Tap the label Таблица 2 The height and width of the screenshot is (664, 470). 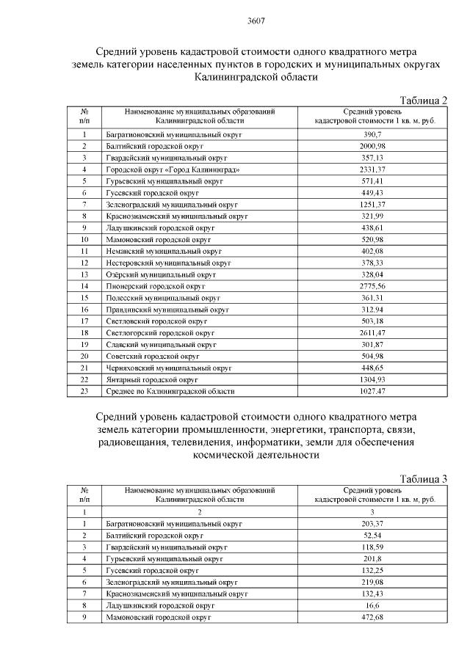[x=423, y=99]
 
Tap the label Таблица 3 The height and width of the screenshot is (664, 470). [x=423, y=478]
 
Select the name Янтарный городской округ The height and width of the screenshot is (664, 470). [x=152, y=379]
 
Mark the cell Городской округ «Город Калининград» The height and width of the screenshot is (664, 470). [x=173, y=169]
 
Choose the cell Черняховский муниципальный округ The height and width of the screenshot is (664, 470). [x=169, y=368]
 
